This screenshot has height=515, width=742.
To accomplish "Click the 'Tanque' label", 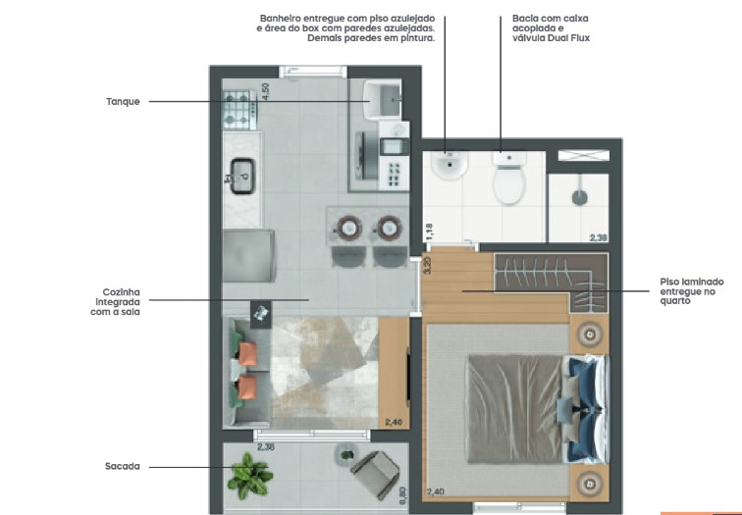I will (x=123, y=101).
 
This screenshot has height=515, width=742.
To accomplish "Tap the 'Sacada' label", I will (x=122, y=466).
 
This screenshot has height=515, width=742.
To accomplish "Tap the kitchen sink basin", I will (x=242, y=177).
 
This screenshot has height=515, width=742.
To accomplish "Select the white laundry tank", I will (x=383, y=99).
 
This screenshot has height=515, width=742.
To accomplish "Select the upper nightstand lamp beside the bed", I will (x=589, y=334).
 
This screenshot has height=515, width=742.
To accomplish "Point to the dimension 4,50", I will (x=265, y=93).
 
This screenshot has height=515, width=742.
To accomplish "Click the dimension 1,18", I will (x=429, y=232).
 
